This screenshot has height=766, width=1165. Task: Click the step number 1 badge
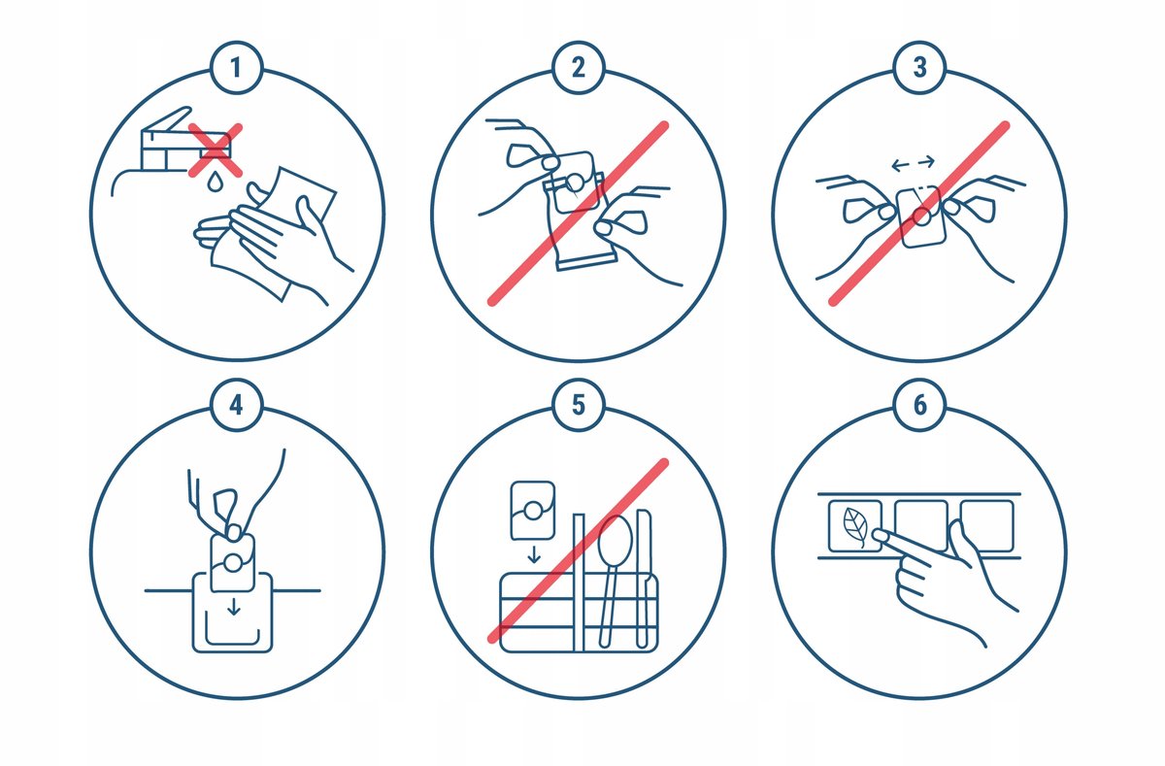tap(237, 68)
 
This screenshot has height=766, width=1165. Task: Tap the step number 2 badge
tap(579, 68)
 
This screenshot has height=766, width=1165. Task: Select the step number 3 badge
tap(919, 68)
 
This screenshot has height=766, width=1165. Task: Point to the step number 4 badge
tap(237, 405)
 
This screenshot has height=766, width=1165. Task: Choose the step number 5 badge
tap(579, 405)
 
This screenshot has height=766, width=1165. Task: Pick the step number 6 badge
tap(919, 405)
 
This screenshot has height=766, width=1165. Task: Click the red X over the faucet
tap(215, 150)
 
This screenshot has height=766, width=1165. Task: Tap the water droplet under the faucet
tap(215, 183)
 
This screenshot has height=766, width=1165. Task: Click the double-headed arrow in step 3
tap(914, 164)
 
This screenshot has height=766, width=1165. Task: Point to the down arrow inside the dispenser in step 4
tap(234, 607)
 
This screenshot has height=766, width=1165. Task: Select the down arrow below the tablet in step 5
tap(534, 554)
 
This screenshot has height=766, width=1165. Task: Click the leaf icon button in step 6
tap(855, 526)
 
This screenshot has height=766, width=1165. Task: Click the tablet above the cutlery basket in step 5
tap(533, 510)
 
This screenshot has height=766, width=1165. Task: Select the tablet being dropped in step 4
tap(232, 563)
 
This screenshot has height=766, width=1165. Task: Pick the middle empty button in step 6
tap(921, 526)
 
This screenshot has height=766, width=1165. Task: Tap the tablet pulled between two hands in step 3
tap(922, 217)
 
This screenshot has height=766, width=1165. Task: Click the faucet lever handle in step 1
tap(167, 118)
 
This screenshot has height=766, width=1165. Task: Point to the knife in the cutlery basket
tap(644, 579)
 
